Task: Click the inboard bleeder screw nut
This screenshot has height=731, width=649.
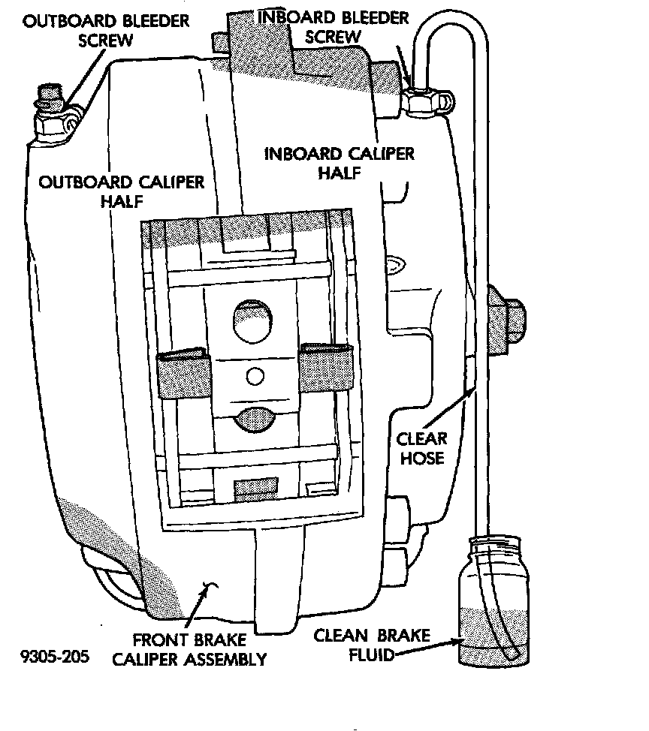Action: (426, 101)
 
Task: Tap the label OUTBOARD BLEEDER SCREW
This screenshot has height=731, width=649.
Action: (106, 29)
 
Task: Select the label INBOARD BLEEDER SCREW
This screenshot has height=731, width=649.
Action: (334, 27)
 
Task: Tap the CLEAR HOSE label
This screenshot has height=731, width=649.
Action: (421, 447)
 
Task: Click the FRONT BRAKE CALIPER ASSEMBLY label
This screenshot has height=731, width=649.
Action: (199, 650)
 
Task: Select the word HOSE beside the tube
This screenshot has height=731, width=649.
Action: (422, 456)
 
